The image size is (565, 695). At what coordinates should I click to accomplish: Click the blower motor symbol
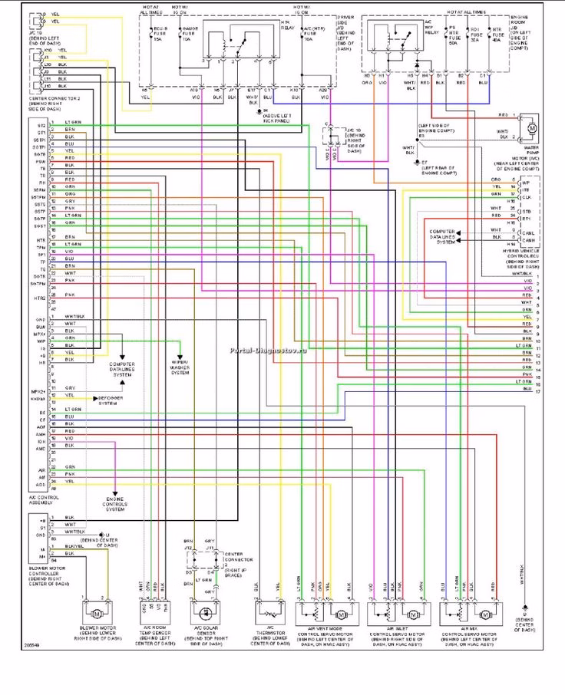(97, 614)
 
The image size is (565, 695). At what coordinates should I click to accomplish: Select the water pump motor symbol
(531, 124)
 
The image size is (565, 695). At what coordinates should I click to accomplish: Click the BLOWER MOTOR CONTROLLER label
(52, 575)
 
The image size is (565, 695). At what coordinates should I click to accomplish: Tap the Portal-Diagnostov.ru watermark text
(264, 348)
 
